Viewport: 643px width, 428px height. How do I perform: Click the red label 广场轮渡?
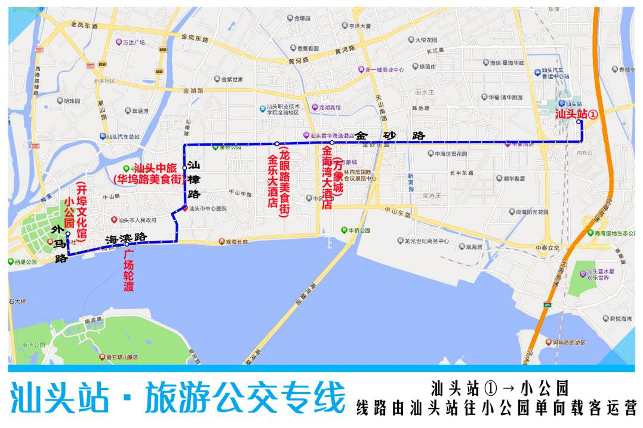[129, 271]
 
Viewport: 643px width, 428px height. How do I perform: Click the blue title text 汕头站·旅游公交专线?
[177, 398]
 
